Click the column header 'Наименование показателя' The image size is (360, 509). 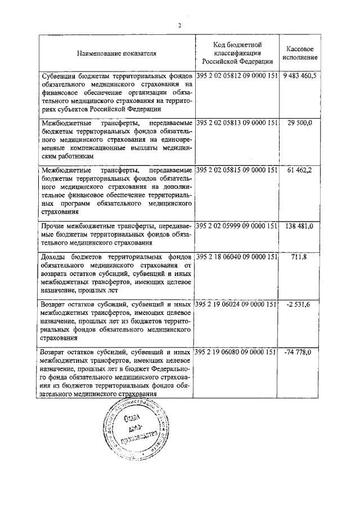point(117,53)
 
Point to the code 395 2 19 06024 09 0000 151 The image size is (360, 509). point(237,304)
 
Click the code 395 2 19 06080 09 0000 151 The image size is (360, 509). point(237,352)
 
